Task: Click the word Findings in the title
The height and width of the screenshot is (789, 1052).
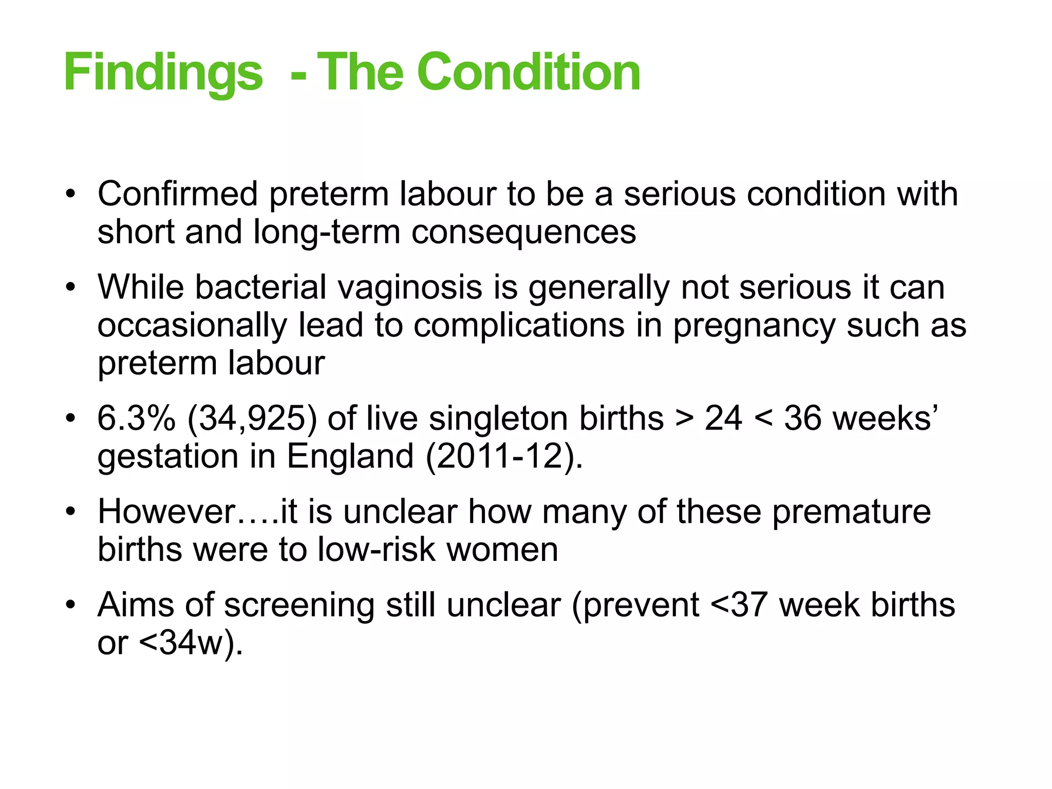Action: tap(163, 72)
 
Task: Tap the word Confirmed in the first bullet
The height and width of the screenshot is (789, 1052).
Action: tap(178, 194)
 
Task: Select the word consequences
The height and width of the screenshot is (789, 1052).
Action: tap(523, 232)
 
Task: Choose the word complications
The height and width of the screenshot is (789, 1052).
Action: tap(519, 326)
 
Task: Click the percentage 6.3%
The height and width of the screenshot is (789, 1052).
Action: tap(137, 418)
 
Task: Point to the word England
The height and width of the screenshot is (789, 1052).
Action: tap(350, 456)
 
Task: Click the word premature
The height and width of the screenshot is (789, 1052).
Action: tap(851, 512)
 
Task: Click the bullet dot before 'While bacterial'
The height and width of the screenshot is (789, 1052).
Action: tap(70, 288)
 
